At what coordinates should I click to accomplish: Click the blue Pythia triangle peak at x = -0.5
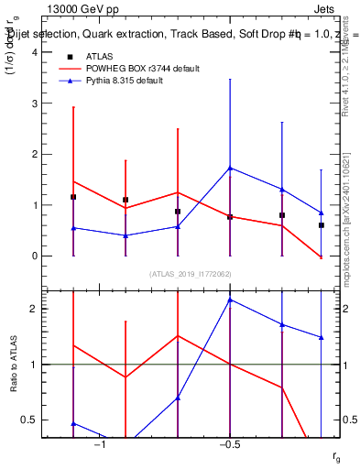tap(230, 168)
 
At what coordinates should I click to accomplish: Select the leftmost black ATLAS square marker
tap(73, 197)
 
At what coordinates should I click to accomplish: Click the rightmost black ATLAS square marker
tap(322, 224)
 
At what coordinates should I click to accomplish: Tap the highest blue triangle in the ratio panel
tap(230, 300)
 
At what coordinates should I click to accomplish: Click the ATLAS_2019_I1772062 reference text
tap(191, 274)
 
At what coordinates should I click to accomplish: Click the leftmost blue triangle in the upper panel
tap(73, 228)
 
